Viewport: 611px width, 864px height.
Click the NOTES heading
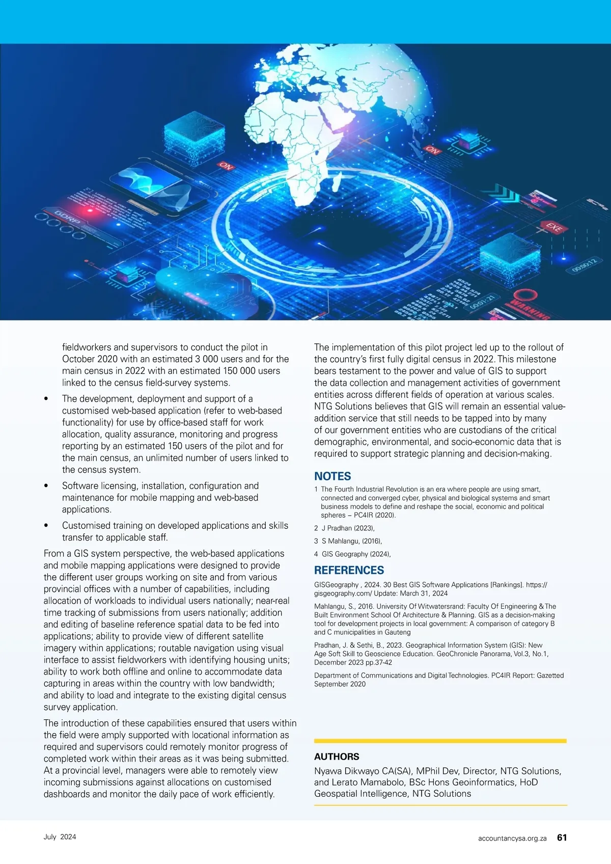point(332,476)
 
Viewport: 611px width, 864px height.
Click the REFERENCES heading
point(349,570)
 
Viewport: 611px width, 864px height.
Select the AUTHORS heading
point(337,757)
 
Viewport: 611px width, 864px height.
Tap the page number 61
point(562,838)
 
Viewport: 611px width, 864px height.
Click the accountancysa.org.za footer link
point(512,838)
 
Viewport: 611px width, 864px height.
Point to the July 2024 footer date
point(60,837)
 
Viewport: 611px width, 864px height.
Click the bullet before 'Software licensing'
point(46,486)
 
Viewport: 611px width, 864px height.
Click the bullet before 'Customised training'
point(46,526)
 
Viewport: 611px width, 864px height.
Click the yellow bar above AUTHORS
point(440,741)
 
